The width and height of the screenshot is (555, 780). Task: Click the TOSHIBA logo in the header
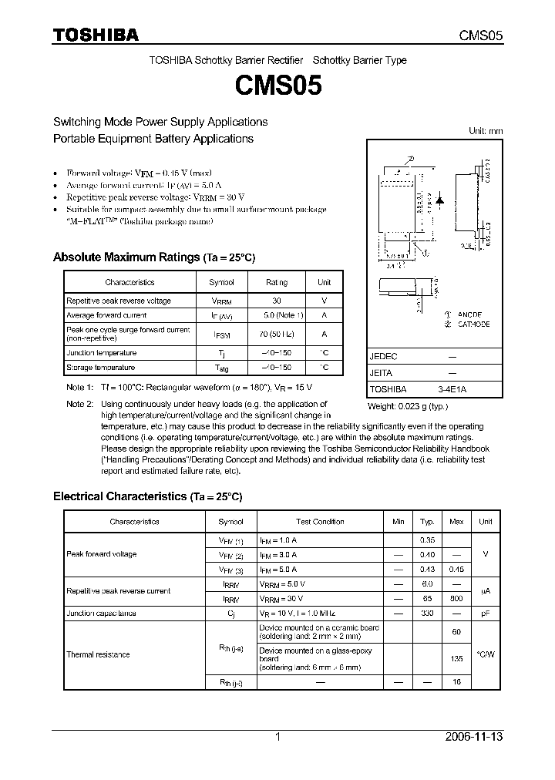point(96,35)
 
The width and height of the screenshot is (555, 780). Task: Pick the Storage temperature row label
point(101,368)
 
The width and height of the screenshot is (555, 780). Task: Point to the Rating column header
point(277,283)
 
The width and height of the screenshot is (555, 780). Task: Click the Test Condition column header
point(320,522)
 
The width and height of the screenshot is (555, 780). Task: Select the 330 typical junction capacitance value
point(428,613)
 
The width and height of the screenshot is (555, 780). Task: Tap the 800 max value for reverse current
point(457,597)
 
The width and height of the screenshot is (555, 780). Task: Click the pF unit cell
point(486,613)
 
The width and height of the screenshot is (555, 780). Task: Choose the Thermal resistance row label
point(98,654)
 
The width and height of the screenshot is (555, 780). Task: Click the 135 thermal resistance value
point(457,659)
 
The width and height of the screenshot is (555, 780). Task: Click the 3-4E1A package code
point(452,389)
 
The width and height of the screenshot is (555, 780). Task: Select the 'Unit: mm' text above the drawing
point(486,131)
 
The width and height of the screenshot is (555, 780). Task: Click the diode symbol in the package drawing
point(439,198)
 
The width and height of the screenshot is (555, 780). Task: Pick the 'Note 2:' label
point(79,404)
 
